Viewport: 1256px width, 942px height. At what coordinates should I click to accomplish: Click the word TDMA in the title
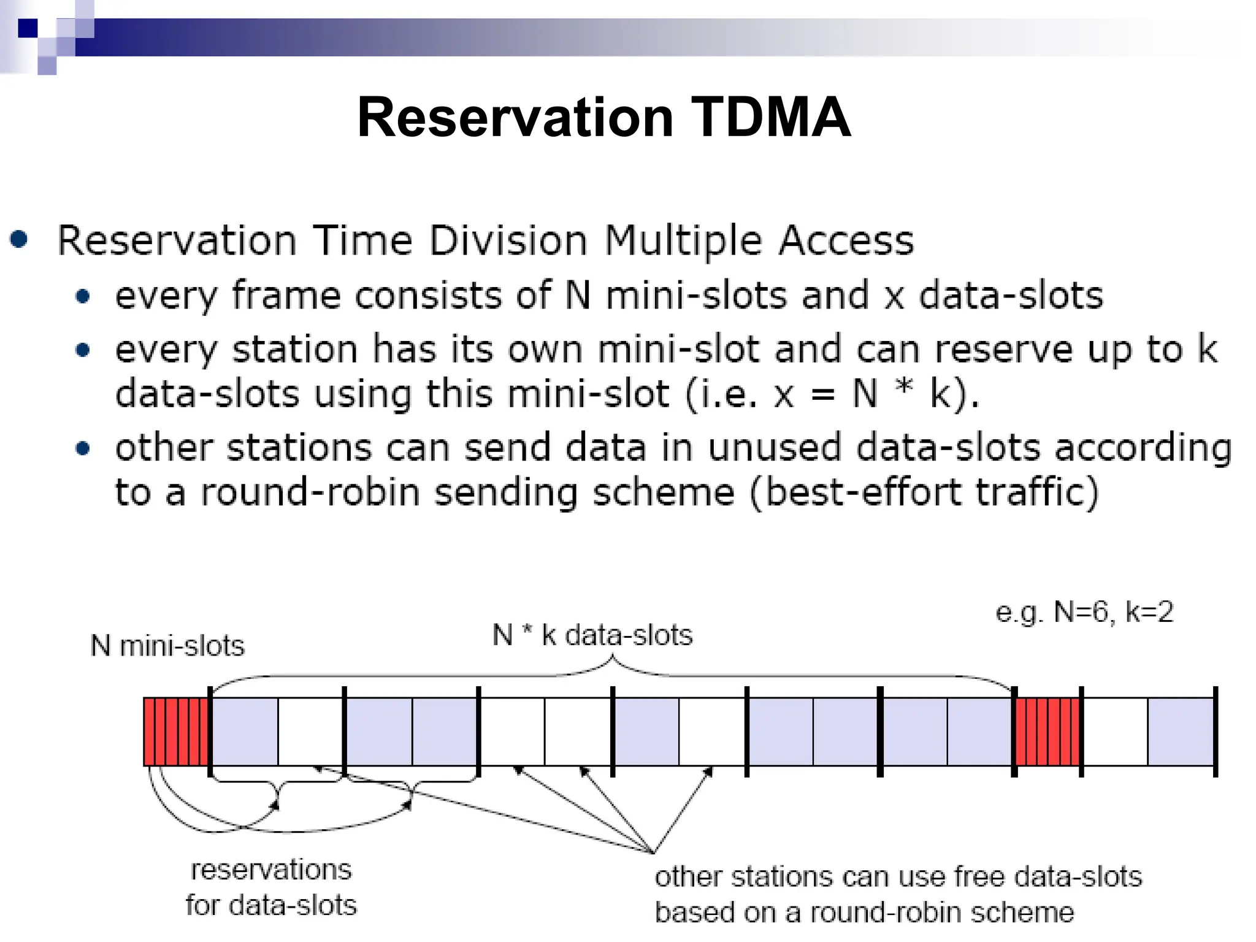(771, 117)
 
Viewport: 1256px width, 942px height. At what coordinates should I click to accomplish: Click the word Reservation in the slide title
(515, 117)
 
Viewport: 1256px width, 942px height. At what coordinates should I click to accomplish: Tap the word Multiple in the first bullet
(683, 240)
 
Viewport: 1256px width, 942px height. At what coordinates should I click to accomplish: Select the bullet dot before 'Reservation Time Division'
(19, 239)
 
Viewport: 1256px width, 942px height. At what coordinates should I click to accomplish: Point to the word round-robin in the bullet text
(310, 492)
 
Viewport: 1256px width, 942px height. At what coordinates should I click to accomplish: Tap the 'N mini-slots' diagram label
(167, 646)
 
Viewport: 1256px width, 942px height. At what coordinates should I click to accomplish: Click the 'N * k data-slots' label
(592, 635)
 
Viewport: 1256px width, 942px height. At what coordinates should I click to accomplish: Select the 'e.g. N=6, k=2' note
(1084, 612)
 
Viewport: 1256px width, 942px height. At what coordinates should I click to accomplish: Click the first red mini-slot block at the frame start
(176, 732)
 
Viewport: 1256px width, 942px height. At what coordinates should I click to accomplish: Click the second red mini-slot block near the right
(1047, 732)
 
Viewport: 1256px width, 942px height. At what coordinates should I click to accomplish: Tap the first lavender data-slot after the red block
(245, 732)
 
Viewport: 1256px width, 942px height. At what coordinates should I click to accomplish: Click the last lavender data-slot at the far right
(1181, 732)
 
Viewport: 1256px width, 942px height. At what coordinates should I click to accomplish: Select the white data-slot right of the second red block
(1115, 732)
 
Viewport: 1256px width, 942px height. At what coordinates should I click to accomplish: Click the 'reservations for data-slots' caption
(270, 887)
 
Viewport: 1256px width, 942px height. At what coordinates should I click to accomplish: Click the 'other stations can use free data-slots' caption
(898, 877)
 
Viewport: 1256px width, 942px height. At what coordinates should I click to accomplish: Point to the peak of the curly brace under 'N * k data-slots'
(612, 657)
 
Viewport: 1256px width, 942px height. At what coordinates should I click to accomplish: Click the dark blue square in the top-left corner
(28, 28)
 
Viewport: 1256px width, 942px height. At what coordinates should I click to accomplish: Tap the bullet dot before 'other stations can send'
(83, 448)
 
